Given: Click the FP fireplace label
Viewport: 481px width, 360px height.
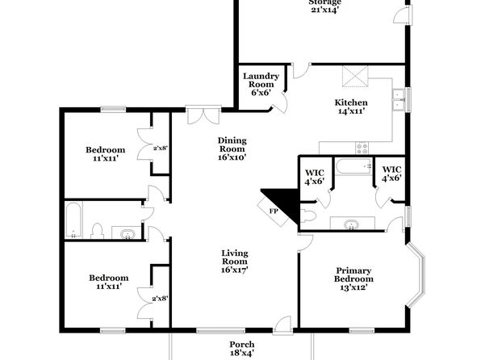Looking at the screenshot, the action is click(273, 211).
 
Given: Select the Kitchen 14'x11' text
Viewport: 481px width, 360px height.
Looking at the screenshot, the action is click(351, 107).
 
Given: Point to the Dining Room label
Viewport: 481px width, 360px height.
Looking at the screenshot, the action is click(232, 144).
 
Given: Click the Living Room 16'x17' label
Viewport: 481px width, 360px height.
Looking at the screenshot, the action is click(235, 262).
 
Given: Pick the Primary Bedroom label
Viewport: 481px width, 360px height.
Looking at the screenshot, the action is click(353, 274).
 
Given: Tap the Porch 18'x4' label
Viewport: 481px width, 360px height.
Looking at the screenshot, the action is click(242, 349).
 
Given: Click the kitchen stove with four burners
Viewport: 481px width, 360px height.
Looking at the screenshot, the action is click(362, 149).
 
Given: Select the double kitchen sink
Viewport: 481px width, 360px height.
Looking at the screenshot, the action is click(399, 100).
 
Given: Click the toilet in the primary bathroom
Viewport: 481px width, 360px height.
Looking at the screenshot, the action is click(308, 216).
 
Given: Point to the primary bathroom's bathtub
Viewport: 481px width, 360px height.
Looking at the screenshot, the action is click(353, 166).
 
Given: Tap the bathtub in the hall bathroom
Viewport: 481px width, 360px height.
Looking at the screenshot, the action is click(73, 220).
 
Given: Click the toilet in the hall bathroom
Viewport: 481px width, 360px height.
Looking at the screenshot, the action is click(97, 231).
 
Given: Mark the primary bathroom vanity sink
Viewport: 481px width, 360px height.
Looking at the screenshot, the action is click(352, 224).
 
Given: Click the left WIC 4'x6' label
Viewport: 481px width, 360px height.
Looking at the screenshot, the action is click(315, 178).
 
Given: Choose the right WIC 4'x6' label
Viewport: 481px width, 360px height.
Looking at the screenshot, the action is click(391, 174).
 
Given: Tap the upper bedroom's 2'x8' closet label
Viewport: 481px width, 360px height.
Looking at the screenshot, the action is click(161, 148).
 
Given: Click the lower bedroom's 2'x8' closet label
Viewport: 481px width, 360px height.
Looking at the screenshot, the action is click(160, 299).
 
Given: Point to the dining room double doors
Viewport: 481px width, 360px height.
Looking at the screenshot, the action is click(203, 116).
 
